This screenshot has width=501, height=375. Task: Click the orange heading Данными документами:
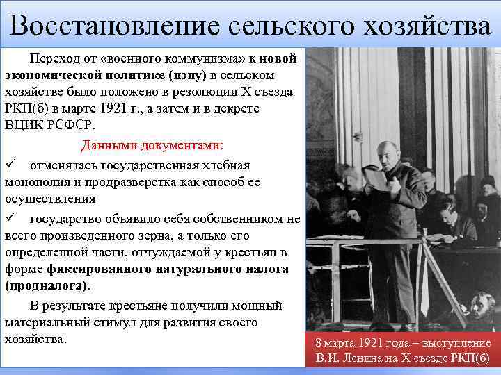pyautogui.click(x=152, y=146)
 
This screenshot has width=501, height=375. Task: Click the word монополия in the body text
pyautogui.click(x=38, y=182)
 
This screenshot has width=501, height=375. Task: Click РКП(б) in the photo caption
pyautogui.click(x=470, y=359)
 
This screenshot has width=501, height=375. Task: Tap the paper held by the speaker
pyautogui.click(x=376, y=179)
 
